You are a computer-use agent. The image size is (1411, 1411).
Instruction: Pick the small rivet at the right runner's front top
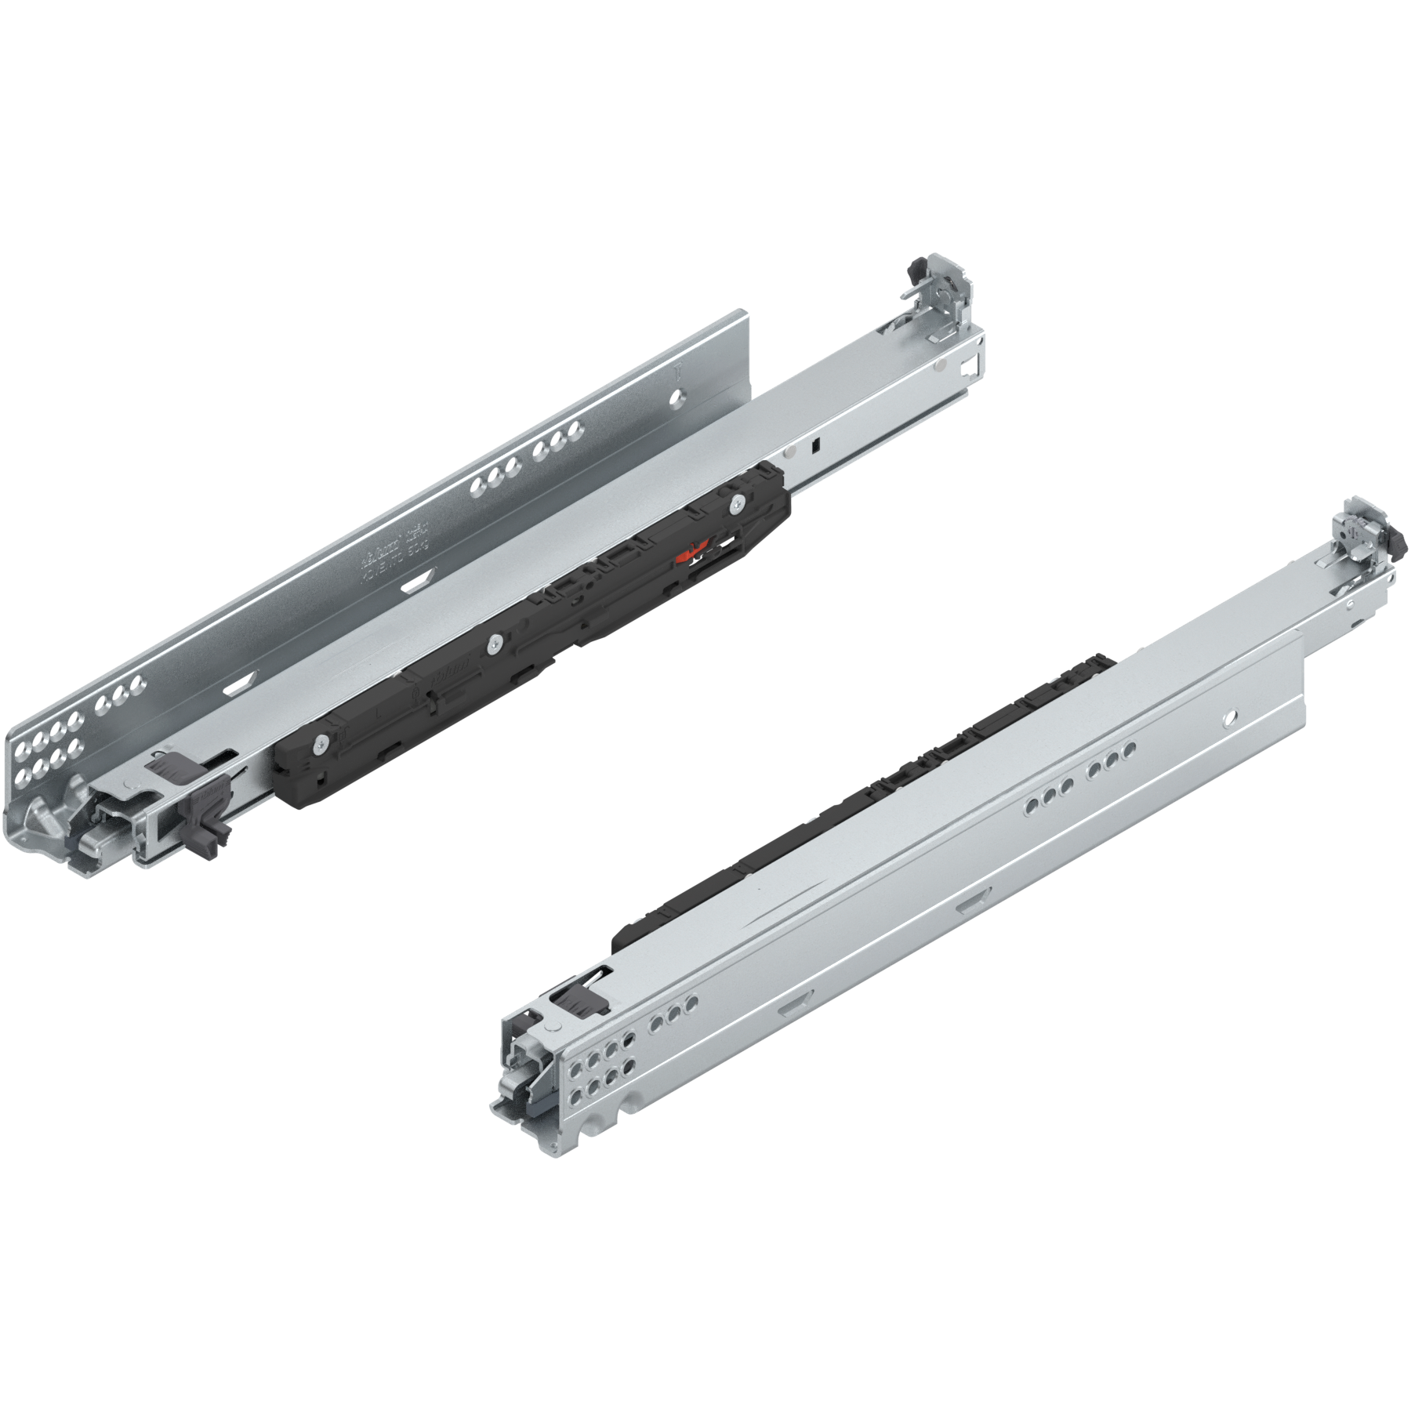553,1028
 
